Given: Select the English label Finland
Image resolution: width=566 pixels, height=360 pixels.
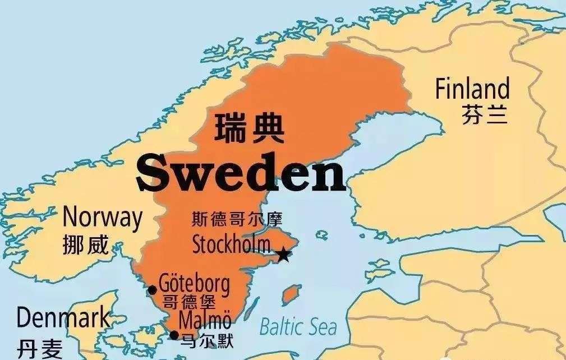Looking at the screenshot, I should point(472,90).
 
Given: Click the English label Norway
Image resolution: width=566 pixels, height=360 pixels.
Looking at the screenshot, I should point(102,217).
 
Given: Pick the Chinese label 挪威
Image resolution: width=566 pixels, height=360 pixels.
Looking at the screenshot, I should point(86,244).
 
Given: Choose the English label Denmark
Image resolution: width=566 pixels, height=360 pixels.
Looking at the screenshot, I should point(63,319).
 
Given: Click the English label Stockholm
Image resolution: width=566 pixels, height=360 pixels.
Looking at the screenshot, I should point(231,244).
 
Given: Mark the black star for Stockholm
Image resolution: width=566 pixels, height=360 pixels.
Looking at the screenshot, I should point(284,255).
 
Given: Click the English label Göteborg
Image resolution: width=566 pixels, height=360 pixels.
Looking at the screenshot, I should point(194,283).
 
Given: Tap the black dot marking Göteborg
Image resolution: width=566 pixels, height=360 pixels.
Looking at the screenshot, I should point(152,290).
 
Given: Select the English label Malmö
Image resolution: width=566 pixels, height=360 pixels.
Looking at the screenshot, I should point(205,320).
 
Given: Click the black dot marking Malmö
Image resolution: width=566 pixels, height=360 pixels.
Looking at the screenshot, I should point(174,335).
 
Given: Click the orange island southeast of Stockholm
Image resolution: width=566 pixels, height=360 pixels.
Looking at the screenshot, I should point(289,295).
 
